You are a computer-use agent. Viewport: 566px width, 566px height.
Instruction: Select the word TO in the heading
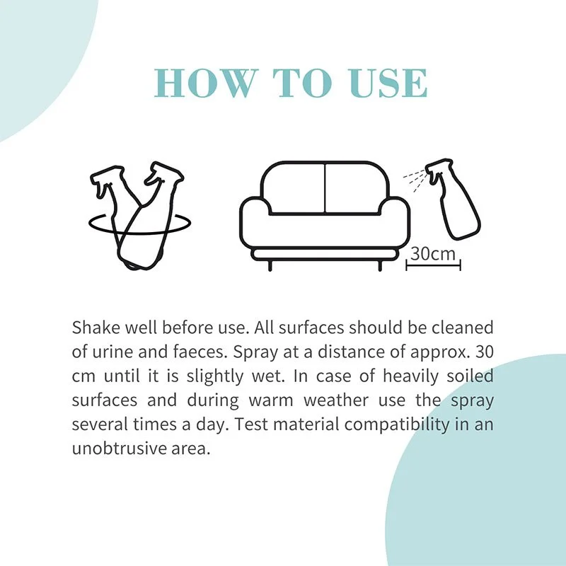302,83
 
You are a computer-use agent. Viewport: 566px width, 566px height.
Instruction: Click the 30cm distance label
433,253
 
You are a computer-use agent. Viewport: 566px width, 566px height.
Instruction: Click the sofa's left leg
270,265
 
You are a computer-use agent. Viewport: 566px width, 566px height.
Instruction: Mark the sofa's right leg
380,265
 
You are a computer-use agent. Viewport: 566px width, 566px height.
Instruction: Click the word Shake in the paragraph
96,328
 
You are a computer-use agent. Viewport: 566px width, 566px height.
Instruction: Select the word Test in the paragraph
252,424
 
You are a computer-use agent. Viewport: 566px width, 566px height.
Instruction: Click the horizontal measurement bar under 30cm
433,267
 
